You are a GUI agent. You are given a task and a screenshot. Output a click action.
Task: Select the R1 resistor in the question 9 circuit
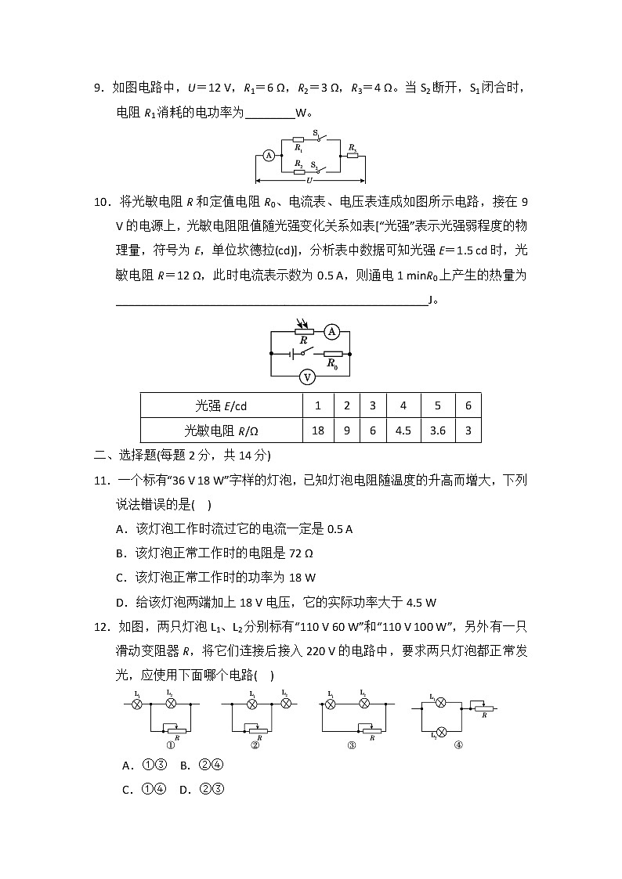(298, 140)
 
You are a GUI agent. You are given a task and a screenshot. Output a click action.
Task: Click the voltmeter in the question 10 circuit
(308, 377)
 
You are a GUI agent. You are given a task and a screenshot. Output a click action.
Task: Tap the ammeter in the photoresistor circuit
(331, 332)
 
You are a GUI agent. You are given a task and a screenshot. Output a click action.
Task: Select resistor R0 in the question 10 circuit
(332, 355)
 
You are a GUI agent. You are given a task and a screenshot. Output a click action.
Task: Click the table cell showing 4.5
(403, 430)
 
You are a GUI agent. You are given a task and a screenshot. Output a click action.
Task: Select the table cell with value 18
(318, 430)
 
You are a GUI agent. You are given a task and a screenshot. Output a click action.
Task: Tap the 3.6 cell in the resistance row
(437, 430)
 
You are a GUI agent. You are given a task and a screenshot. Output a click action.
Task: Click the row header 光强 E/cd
(221, 405)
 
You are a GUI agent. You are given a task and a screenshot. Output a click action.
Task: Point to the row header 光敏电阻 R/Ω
(221, 430)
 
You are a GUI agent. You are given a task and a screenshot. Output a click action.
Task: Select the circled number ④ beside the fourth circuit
(458, 744)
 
